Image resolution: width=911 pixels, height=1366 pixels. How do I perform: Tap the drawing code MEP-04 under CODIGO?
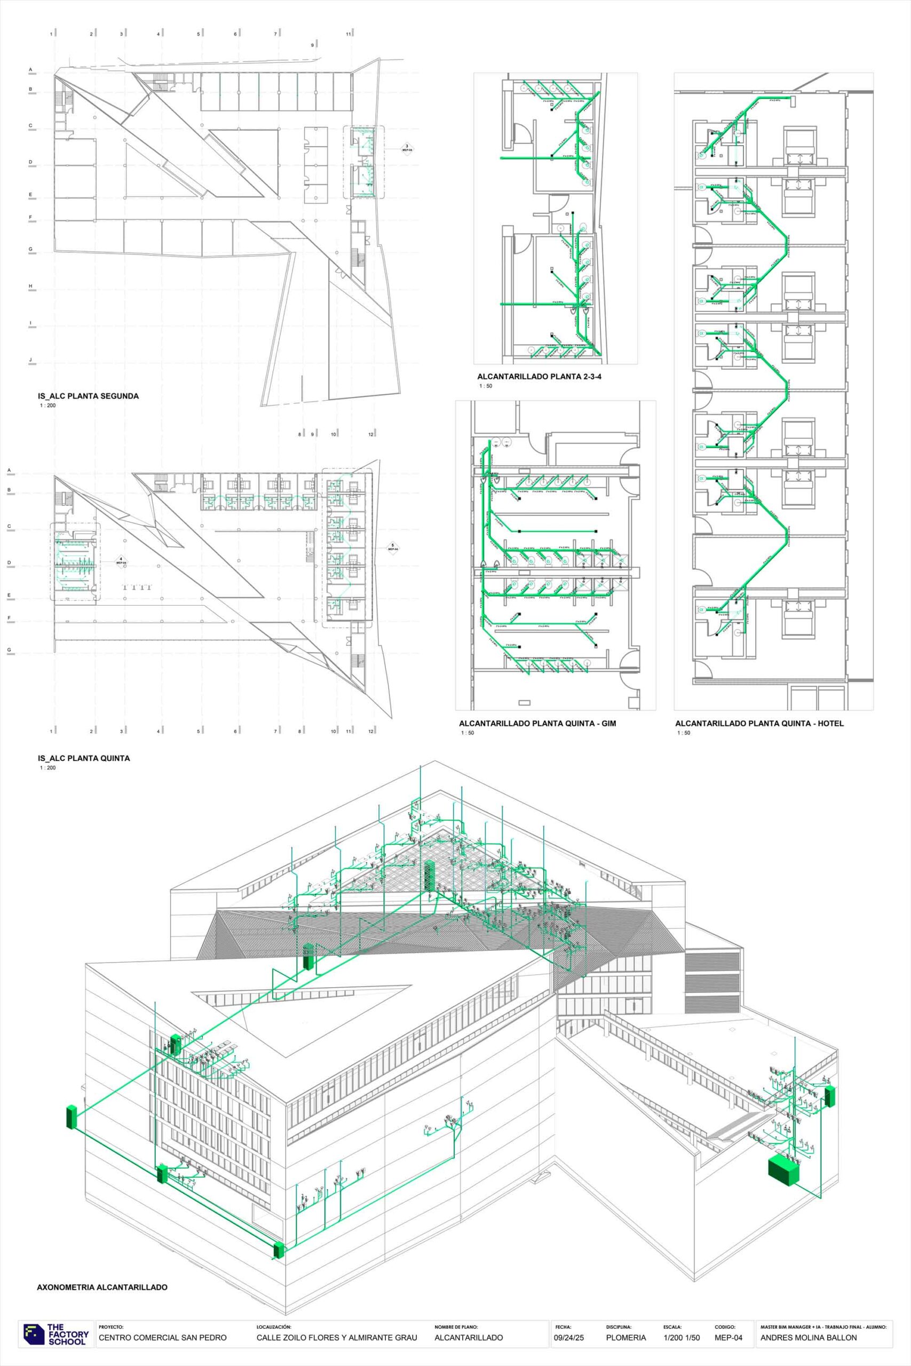728,1338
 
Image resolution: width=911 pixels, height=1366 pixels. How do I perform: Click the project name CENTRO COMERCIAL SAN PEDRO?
163,1338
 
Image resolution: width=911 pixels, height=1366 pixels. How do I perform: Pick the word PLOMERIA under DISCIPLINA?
625,1338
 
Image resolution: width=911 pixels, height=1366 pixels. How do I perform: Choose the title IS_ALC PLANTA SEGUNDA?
88,396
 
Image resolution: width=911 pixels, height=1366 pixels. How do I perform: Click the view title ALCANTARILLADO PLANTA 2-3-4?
539,376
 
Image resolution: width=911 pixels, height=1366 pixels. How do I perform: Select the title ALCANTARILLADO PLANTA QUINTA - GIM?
537,724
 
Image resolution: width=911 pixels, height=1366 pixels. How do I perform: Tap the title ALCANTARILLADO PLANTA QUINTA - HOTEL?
759,724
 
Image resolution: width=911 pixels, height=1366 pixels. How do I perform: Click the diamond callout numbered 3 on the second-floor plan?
407,147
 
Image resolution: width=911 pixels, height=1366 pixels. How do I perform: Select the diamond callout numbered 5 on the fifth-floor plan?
392,547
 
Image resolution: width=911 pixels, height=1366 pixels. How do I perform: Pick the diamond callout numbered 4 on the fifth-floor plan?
121,561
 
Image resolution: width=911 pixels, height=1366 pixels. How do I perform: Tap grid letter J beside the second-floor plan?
31,360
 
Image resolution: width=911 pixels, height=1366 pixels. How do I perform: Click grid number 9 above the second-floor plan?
312,45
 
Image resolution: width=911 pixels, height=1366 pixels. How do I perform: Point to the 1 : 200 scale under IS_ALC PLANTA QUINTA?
47,768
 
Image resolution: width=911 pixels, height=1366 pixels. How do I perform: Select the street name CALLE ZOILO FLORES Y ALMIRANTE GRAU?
336,1338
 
